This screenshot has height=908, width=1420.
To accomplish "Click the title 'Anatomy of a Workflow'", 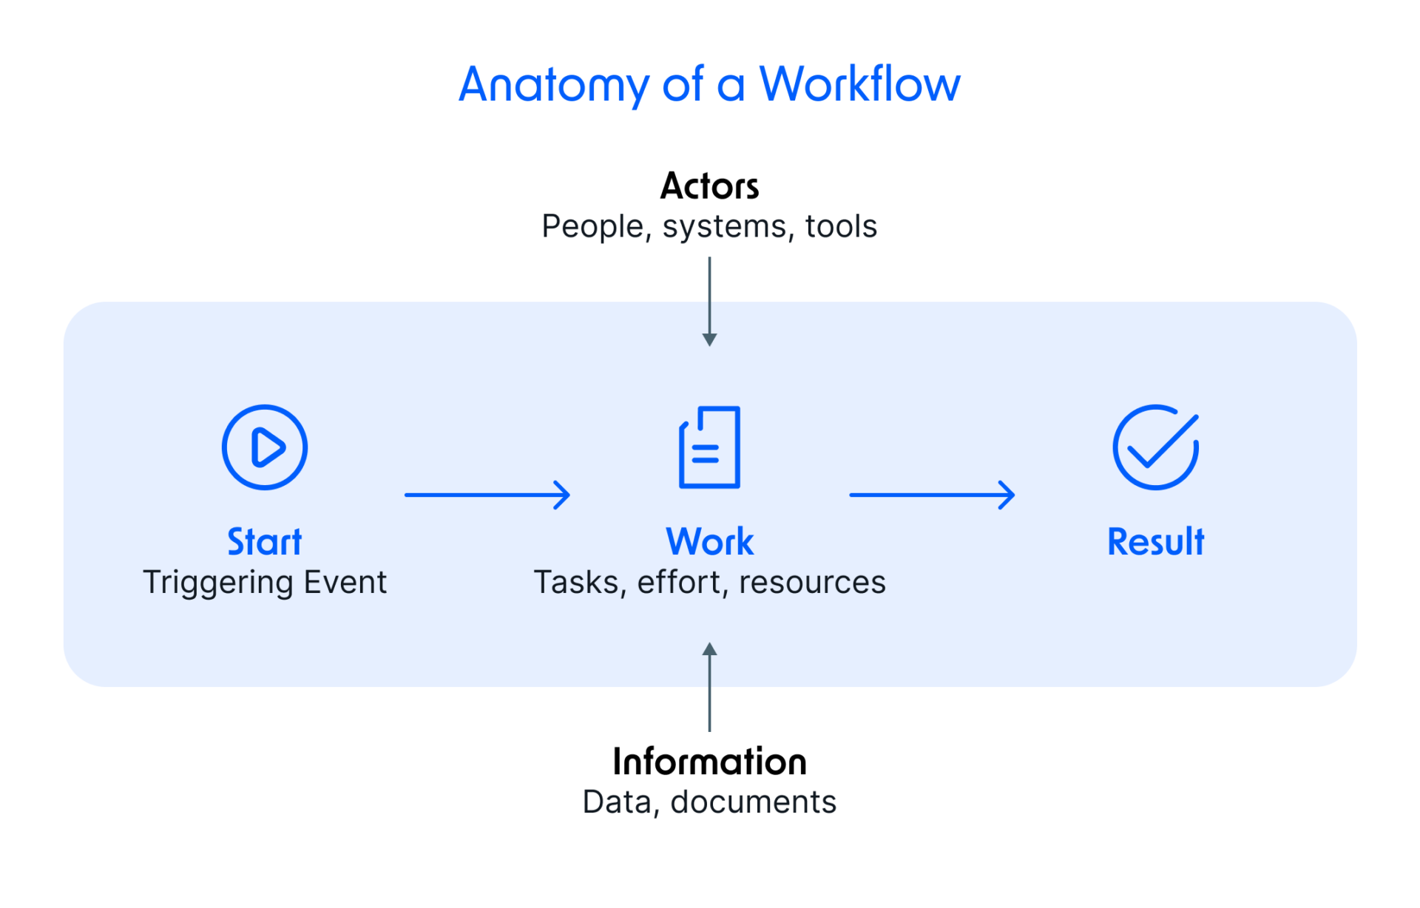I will click(709, 84).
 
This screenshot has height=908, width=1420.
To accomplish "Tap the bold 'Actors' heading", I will click(709, 186).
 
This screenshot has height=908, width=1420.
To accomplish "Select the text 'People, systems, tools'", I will click(709, 226).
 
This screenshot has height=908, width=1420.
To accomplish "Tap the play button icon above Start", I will click(265, 447).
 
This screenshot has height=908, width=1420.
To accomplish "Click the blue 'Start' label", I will click(265, 541).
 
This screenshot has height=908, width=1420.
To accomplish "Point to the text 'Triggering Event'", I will click(265, 582).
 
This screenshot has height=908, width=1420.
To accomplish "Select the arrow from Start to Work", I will click(487, 495).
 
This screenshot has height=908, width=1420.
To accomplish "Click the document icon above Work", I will click(709, 447).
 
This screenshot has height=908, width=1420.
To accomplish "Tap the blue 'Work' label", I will click(709, 541).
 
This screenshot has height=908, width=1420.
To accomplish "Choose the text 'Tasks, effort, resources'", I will click(709, 582).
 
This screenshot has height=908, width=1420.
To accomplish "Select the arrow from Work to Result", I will click(932, 495).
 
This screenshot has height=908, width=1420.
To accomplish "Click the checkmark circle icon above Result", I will click(1155, 447).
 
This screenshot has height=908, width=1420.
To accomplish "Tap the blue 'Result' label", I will click(1155, 541).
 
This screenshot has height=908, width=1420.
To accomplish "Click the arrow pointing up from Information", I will click(709, 687).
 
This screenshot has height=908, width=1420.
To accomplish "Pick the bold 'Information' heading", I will click(709, 762).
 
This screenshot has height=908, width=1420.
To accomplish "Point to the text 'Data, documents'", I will click(709, 802).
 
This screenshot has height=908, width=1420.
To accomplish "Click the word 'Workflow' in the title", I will click(860, 84).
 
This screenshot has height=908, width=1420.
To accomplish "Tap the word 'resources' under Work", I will click(812, 583).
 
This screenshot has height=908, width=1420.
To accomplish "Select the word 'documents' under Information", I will click(753, 802).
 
